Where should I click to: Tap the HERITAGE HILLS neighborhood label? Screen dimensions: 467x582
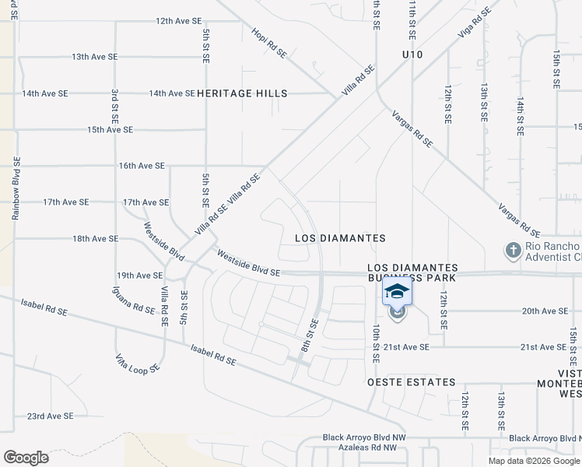[x=242, y=93]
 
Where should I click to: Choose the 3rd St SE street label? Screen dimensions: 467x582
[x=114, y=110]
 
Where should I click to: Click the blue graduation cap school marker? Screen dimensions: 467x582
[x=397, y=293]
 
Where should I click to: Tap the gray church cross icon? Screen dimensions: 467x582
[x=512, y=251]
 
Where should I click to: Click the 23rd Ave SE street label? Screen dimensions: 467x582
[x=50, y=416]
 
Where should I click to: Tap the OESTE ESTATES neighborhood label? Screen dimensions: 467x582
[x=412, y=382]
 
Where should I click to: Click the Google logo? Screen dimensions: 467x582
[x=26, y=458]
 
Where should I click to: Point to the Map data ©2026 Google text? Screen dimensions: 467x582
[x=534, y=461]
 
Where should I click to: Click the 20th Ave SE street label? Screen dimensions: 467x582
[x=545, y=311]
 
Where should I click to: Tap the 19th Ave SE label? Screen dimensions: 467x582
[x=139, y=276]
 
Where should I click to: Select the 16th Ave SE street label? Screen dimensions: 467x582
[x=142, y=166]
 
